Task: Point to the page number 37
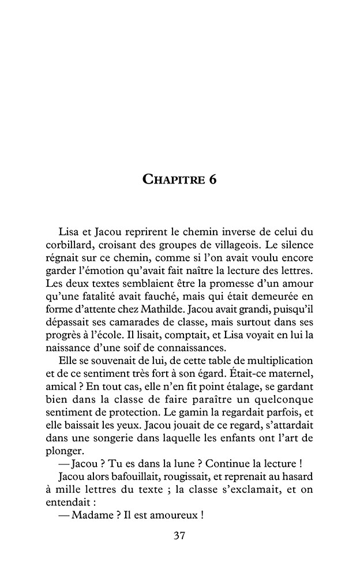pos(179,535)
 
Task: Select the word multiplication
pos(276,359)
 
